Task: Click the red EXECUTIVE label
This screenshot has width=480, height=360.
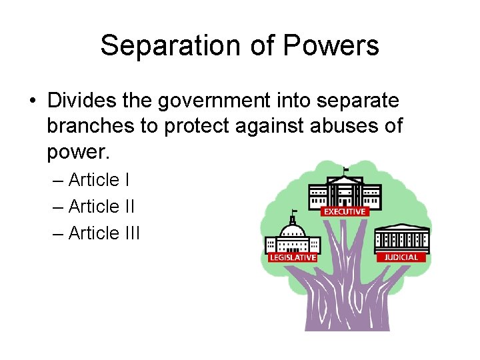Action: click(344, 212)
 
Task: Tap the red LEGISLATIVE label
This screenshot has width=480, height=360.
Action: click(292, 257)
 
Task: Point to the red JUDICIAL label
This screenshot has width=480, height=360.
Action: click(401, 257)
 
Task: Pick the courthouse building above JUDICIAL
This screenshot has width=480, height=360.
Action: click(401, 239)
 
